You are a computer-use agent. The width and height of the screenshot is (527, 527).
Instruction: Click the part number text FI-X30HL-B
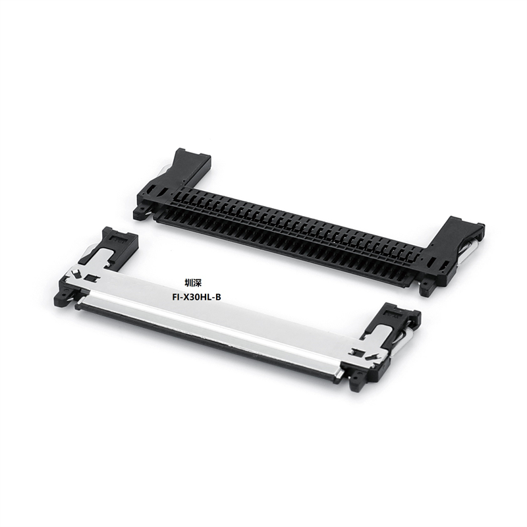pos(195,297)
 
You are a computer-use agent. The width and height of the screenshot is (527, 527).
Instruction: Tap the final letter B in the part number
pos(218,297)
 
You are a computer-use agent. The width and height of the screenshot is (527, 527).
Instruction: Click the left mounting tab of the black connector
pos(140,212)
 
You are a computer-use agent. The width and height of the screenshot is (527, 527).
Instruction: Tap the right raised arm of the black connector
pos(461,237)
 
